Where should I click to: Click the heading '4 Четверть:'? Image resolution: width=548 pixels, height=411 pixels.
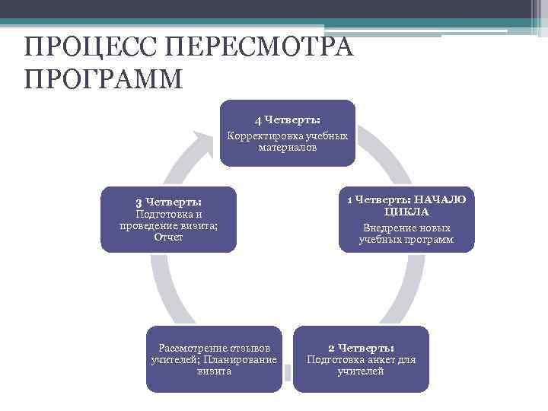click(x=287, y=120)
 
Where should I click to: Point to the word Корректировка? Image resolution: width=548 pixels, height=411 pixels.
click(x=259, y=135)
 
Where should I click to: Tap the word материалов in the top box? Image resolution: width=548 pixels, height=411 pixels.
click(x=288, y=147)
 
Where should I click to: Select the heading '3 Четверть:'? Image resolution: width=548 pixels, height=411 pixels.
click(x=168, y=202)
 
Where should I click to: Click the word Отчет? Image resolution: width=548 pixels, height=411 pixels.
click(x=168, y=237)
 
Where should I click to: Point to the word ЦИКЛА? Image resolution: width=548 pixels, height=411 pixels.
click(x=406, y=212)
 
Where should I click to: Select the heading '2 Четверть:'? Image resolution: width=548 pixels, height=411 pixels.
click(x=361, y=347)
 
